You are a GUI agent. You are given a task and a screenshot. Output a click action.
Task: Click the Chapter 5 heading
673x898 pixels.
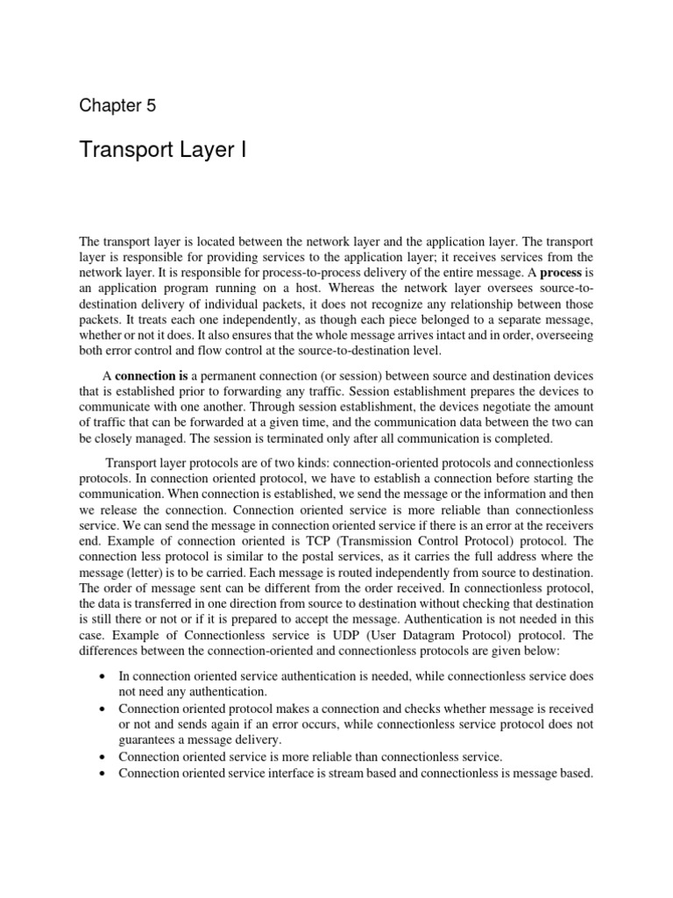click(x=117, y=106)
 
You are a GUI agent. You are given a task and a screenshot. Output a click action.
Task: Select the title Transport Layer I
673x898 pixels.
click(x=164, y=151)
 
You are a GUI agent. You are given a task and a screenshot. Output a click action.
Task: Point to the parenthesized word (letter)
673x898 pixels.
click(x=147, y=573)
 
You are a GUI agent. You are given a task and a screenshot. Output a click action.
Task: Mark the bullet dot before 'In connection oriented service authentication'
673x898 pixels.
click(x=104, y=678)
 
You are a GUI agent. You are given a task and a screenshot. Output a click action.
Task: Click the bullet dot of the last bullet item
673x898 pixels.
click(x=104, y=773)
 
